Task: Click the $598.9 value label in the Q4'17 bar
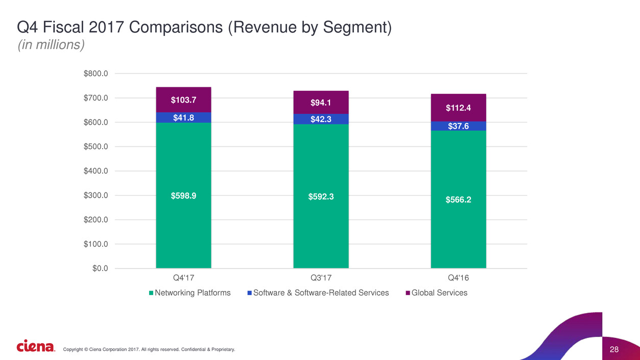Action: (x=183, y=196)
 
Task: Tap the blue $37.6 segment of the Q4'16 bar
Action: (x=458, y=126)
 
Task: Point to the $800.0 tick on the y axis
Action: (x=96, y=74)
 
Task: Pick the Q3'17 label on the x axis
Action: (x=321, y=278)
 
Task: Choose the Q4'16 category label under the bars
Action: (x=458, y=278)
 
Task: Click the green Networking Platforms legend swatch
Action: (x=151, y=293)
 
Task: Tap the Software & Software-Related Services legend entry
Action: (x=321, y=293)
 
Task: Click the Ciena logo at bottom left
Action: (x=36, y=347)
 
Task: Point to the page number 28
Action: (x=614, y=349)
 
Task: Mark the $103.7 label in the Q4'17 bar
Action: (x=183, y=101)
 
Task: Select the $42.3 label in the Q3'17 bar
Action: (x=321, y=119)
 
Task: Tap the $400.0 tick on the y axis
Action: (x=96, y=171)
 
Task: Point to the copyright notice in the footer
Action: (x=149, y=349)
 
